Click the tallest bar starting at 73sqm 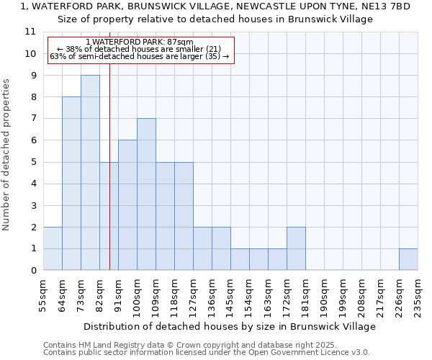(x=90, y=173)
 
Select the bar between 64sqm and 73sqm (x=71, y=184)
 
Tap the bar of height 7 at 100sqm (x=146, y=194)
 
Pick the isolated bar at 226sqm (x=408, y=259)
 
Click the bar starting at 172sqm (x=296, y=248)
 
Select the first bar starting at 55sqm (x=53, y=248)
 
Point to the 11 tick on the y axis (x=30, y=32)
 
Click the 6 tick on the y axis (x=32, y=140)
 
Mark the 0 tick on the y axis (x=32, y=271)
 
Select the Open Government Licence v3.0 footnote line (x=206, y=353)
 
